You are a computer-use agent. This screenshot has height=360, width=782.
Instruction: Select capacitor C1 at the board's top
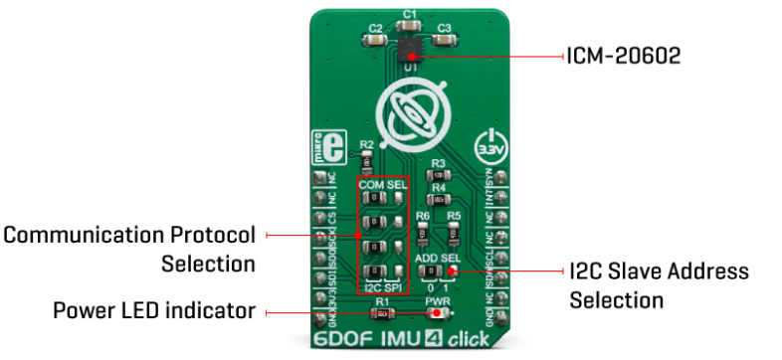[408, 25]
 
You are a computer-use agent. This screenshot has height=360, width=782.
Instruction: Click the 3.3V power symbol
[490, 145]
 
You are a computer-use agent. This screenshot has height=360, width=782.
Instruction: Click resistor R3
[439, 173]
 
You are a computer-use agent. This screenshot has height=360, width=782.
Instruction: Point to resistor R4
[439, 198]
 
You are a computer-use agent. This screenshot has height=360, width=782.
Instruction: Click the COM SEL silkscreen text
[384, 183]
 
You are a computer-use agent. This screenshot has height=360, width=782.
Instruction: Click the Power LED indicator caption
[155, 311]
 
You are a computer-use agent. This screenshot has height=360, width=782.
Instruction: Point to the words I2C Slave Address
[659, 270]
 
